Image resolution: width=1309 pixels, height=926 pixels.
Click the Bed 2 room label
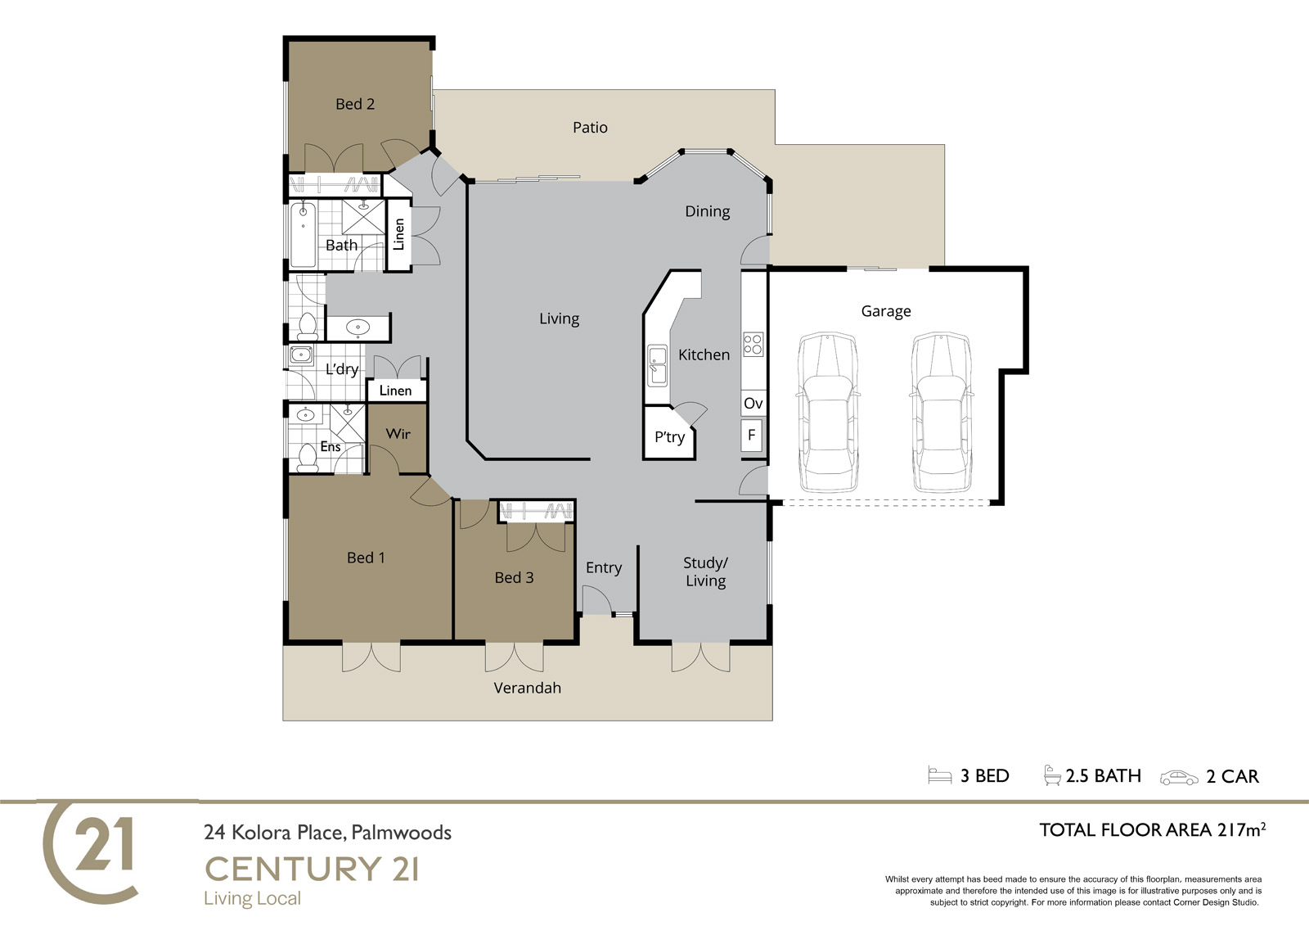(x=355, y=104)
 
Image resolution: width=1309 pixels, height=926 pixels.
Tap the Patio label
(x=590, y=128)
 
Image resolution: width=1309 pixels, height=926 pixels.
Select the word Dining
(x=707, y=212)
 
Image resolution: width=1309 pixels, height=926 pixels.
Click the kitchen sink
(x=658, y=366)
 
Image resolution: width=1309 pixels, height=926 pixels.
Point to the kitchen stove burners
(x=753, y=344)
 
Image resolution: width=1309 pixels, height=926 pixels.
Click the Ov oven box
(x=753, y=403)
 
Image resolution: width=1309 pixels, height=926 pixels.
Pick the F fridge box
(x=752, y=436)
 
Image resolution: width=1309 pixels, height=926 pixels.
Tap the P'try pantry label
(x=669, y=437)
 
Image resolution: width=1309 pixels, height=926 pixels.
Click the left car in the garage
(x=828, y=413)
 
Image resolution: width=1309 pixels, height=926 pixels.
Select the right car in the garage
(x=942, y=413)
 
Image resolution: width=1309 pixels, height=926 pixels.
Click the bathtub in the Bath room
(x=303, y=235)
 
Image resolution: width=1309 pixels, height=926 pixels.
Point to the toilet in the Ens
(x=308, y=458)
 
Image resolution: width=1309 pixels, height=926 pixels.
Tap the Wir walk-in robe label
(x=398, y=434)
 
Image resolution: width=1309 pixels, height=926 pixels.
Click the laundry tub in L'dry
(x=302, y=355)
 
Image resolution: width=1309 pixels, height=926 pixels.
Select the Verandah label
(x=527, y=688)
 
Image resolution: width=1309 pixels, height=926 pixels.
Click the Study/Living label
(x=705, y=572)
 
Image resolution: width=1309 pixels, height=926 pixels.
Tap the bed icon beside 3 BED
(x=940, y=775)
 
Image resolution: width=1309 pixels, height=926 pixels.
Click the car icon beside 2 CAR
(x=1179, y=778)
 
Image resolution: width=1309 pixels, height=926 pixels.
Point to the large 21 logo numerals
(x=104, y=844)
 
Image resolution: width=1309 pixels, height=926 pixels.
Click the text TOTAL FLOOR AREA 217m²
(x=1153, y=830)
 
